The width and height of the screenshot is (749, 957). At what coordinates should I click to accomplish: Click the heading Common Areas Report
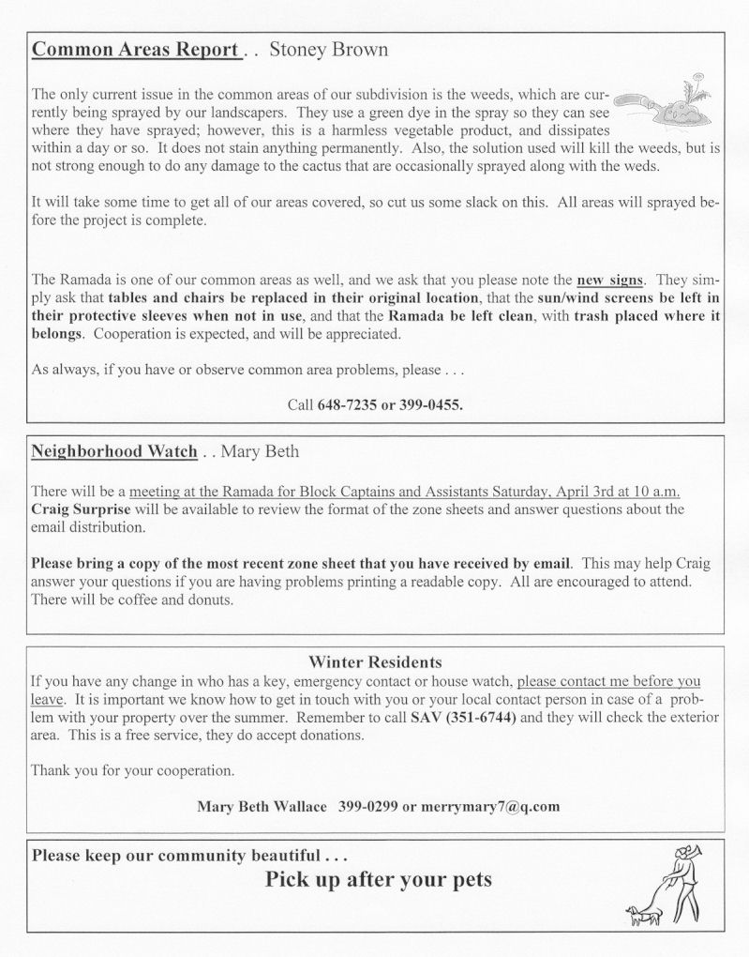click(135, 51)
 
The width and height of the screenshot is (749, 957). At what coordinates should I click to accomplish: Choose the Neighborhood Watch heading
click(114, 451)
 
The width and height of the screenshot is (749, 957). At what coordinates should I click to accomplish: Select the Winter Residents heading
click(375, 662)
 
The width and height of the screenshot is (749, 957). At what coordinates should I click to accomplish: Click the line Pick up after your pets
click(378, 880)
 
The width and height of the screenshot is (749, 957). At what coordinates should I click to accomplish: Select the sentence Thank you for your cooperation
click(132, 771)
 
